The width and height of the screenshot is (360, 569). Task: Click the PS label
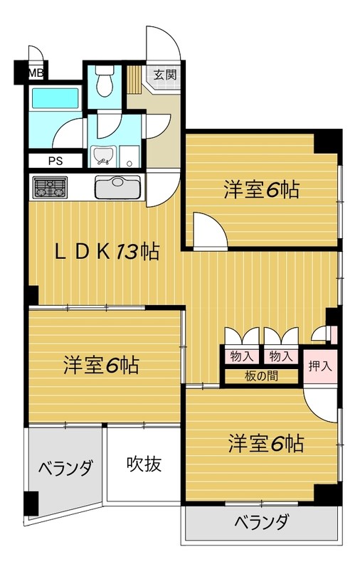coord(55,160)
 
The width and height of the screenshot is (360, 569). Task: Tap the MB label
coord(35,73)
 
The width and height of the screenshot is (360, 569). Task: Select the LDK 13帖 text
coord(107,252)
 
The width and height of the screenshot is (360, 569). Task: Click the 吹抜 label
coord(144,464)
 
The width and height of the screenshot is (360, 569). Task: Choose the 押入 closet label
coord(319,367)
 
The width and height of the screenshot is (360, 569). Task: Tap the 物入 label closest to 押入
coord(280,355)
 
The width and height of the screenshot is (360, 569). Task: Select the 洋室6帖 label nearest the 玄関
coord(260,190)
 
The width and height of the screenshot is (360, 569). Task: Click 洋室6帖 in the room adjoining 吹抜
coord(100,366)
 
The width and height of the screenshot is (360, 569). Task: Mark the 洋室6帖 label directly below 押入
coord(266,444)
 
